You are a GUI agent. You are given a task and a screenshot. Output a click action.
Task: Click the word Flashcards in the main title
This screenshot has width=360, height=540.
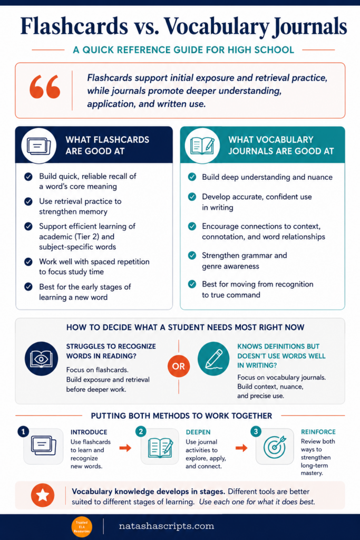click(x=74, y=26)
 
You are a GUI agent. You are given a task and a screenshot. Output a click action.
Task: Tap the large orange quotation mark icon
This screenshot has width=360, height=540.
click(x=45, y=87)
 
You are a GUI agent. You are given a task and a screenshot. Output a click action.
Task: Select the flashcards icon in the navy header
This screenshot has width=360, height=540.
click(x=38, y=146)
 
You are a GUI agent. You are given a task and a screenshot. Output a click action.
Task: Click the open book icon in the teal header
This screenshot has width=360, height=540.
click(x=202, y=146)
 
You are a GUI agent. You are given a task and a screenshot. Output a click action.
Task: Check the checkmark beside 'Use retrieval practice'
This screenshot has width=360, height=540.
click(x=28, y=201)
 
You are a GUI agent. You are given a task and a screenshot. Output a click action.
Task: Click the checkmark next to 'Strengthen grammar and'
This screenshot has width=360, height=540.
click(x=192, y=256)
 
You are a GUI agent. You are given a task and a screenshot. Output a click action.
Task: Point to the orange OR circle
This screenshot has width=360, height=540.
click(x=179, y=366)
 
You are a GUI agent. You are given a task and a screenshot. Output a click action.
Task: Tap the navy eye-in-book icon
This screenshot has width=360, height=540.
click(x=41, y=359)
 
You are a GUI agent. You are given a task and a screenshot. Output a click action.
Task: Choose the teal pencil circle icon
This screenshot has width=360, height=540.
click(x=213, y=359)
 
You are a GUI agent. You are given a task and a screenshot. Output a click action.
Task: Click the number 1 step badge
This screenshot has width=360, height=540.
click(x=23, y=431)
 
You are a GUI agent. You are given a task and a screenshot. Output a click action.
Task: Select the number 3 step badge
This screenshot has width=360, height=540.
click(x=256, y=431)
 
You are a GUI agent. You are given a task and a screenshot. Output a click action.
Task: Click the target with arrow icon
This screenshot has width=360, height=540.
click(x=275, y=447)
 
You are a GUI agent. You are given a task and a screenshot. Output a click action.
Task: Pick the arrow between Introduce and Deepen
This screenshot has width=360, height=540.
click(x=125, y=448)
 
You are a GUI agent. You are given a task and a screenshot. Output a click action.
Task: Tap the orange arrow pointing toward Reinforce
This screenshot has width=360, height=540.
click(x=241, y=448)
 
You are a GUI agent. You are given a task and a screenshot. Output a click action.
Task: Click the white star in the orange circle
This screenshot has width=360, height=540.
click(x=43, y=495)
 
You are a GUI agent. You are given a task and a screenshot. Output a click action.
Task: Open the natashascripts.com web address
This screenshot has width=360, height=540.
click(x=167, y=526)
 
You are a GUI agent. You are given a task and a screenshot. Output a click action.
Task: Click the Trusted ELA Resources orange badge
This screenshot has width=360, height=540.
click(x=82, y=527)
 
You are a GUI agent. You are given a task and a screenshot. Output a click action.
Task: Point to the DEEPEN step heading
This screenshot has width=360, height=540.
click(x=198, y=432)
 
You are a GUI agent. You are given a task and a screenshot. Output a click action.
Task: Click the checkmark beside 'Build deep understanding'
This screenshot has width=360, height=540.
click(x=192, y=177)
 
